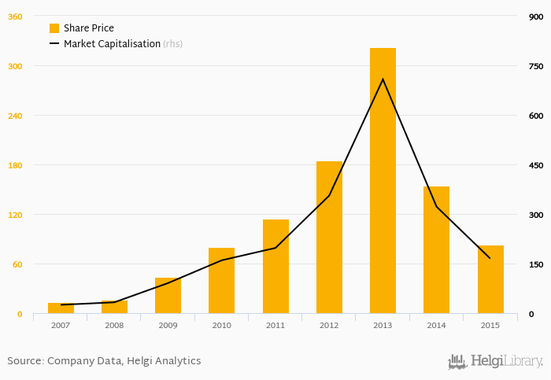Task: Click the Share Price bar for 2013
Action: (x=383, y=181)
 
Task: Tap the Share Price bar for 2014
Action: (x=436, y=250)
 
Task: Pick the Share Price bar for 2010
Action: (x=221, y=281)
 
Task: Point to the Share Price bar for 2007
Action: (x=61, y=308)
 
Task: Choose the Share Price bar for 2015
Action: (x=490, y=279)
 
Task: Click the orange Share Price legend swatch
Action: (x=54, y=28)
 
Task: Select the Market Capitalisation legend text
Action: (x=112, y=44)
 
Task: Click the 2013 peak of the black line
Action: (x=383, y=79)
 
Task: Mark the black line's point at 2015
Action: (x=490, y=258)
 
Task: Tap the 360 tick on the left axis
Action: (x=15, y=17)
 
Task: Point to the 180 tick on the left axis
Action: (x=15, y=165)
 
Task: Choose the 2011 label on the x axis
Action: (x=275, y=325)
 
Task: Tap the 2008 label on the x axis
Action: (x=114, y=325)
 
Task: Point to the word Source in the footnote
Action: (x=24, y=361)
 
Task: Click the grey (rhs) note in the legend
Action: (x=173, y=44)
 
